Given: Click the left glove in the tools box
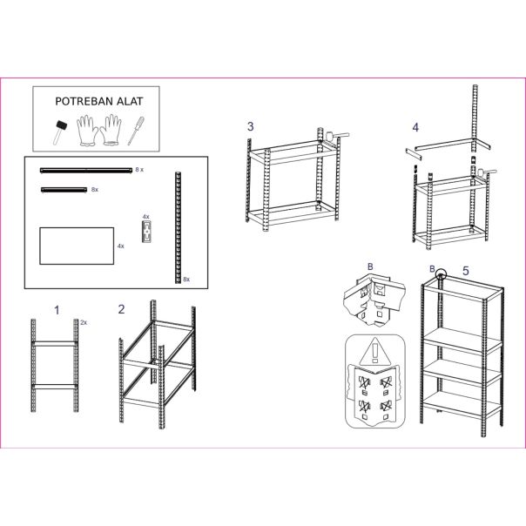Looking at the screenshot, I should (86, 131).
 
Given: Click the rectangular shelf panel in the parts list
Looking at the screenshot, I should (77, 246).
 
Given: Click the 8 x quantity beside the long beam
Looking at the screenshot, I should (139, 170).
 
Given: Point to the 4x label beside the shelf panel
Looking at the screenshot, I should (121, 246).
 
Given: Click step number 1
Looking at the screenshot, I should (57, 309).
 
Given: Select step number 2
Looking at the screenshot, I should (121, 309).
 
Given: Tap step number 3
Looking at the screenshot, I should (251, 127).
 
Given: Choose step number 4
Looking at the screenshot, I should (415, 127).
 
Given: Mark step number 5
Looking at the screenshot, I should (465, 271).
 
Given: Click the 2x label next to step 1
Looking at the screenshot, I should (84, 322).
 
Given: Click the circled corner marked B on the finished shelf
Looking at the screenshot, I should (442, 274).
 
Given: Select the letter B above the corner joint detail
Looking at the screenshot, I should (370, 267).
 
